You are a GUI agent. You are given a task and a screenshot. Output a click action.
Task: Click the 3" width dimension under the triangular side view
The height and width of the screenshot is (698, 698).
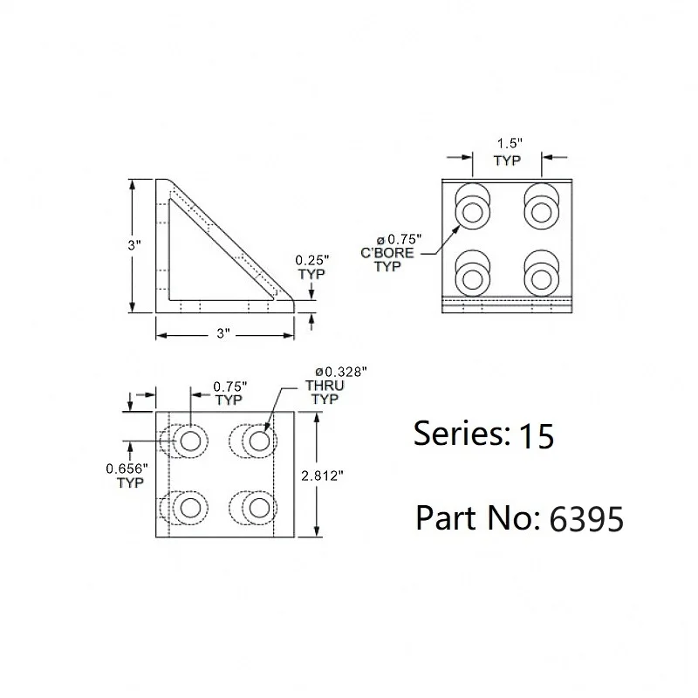point(223,334)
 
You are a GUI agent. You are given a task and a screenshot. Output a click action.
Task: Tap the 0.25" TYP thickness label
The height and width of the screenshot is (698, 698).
point(311,267)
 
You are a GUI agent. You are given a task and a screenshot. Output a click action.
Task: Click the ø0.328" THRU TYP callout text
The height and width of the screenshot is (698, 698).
point(335,385)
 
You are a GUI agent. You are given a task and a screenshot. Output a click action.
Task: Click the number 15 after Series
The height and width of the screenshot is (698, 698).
point(536,435)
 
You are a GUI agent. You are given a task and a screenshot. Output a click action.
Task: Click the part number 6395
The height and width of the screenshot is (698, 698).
point(585,519)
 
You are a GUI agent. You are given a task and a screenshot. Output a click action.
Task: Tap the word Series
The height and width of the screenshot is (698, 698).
point(458,434)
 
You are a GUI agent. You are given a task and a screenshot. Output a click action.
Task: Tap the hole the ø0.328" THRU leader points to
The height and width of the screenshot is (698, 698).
point(259,441)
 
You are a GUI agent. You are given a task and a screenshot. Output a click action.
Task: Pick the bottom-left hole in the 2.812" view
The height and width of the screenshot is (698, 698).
point(191,507)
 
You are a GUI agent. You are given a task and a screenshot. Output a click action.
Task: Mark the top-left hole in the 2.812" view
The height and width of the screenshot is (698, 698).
point(191,441)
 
